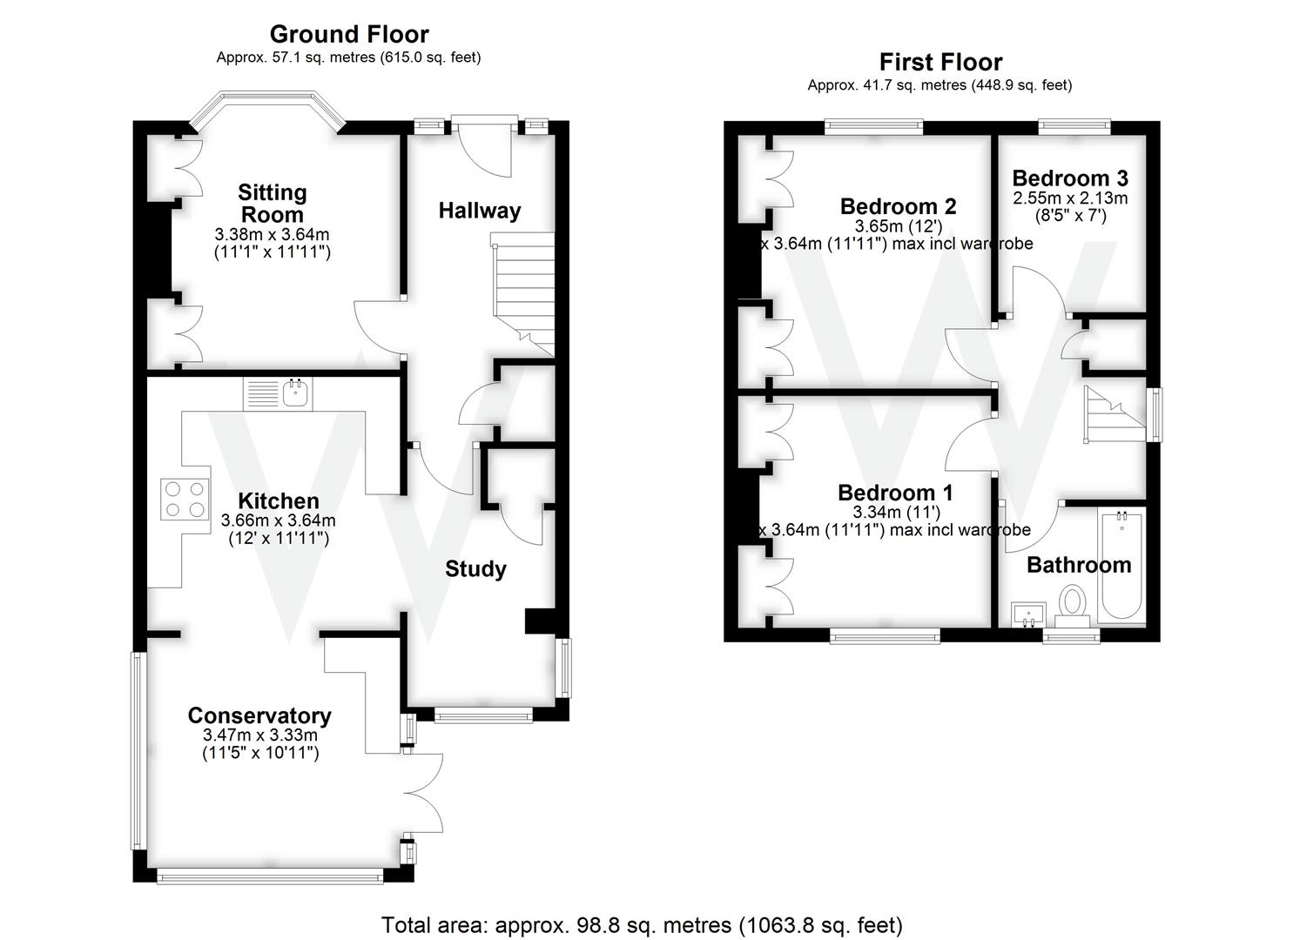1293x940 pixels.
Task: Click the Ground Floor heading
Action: (x=348, y=35)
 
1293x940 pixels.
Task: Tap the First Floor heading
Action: (x=940, y=63)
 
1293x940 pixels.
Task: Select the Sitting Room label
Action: (x=272, y=204)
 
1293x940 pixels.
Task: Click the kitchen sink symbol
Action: (x=297, y=394)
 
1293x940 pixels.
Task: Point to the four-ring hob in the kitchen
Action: (x=185, y=500)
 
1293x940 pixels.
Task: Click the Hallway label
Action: (x=479, y=211)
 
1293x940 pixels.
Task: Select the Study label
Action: (x=475, y=569)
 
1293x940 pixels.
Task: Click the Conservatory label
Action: (x=259, y=715)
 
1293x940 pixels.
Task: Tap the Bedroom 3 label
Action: (x=1070, y=178)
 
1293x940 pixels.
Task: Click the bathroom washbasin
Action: (x=1028, y=614)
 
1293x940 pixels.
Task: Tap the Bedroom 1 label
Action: (x=895, y=493)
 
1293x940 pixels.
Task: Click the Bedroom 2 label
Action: (x=898, y=206)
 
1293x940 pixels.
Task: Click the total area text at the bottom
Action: (x=642, y=924)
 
